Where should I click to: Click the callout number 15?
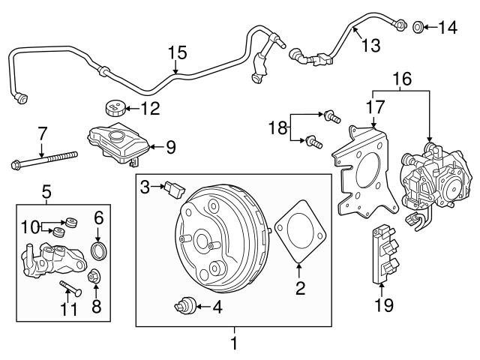click(176, 52)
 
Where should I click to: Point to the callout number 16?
click(400, 78)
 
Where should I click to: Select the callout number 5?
click(46, 191)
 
